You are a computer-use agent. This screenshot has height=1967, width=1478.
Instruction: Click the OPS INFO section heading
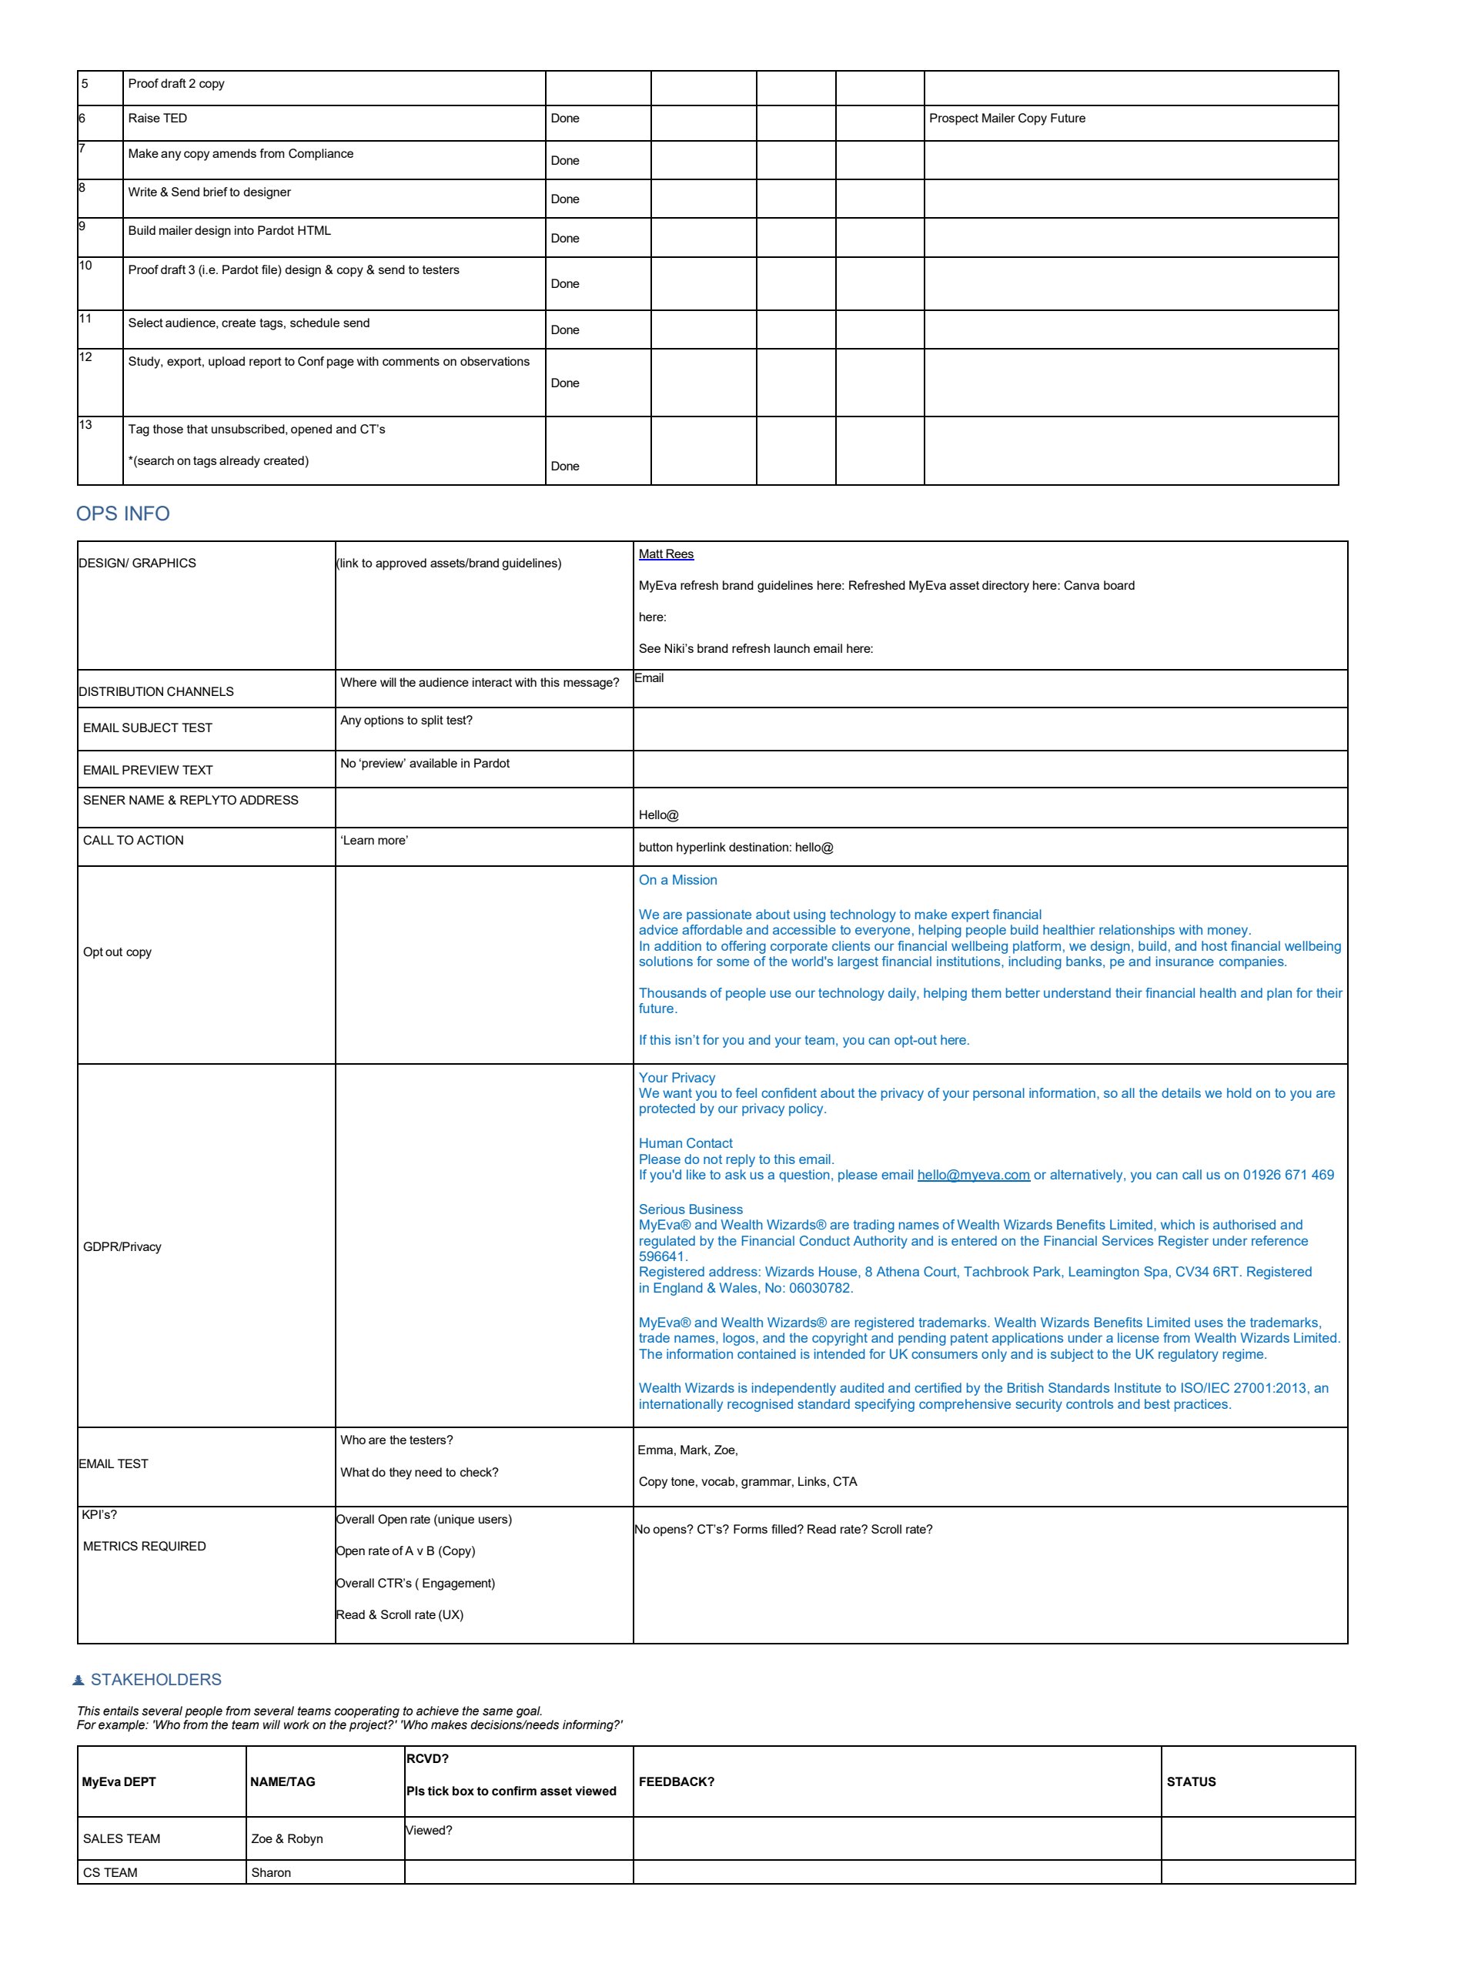[x=122, y=514]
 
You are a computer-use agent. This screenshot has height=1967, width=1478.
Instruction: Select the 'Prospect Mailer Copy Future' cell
[x=1007, y=119]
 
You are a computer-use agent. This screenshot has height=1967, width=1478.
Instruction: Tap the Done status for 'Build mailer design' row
[x=565, y=239]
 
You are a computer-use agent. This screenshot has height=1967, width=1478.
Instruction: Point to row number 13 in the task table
[x=85, y=425]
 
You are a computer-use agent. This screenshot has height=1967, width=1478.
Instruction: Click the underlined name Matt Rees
[x=666, y=554]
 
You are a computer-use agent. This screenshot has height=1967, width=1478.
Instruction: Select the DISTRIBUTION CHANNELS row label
[x=156, y=692]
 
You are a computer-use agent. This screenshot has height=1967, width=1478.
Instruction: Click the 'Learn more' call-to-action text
[x=373, y=841]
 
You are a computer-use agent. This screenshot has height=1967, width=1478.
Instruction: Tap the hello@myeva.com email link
[x=973, y=1175]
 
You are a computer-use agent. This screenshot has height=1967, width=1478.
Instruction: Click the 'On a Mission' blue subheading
[x=677, y=881]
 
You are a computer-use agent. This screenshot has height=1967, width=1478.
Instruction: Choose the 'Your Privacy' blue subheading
[x=677, y=1078]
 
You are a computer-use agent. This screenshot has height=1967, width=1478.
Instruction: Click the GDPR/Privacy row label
[x=122, y=1246]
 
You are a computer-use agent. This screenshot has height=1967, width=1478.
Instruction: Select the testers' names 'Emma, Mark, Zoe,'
[x=687, y=1450]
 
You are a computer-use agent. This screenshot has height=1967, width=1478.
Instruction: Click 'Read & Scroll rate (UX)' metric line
[x=400, y=1615]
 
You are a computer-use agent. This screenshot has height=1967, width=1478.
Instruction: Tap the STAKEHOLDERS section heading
[x=155, y=1680]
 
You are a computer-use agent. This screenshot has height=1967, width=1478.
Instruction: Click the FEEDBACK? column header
[x=676, y=1782]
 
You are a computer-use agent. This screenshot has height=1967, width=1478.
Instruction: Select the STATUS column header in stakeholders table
[x=1191, y=1782]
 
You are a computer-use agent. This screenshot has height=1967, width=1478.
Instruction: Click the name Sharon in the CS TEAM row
[x=271, y=1873]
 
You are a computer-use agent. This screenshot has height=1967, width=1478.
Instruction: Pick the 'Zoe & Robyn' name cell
[x=286, y=1839]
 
